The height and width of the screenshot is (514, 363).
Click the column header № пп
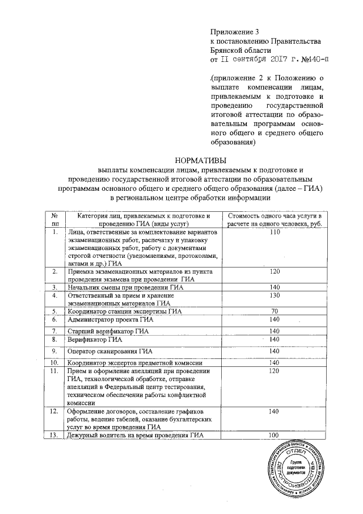(x=54, y=219)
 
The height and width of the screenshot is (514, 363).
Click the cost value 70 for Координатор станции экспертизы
(x=275, y=311)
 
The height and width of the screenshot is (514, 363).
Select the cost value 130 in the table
(x=275, y=295)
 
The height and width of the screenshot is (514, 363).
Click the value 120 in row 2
(x=275, y=271)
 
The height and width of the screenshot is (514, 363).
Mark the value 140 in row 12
(x=275, y=411)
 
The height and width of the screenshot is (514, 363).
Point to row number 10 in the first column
(x=54, y=362)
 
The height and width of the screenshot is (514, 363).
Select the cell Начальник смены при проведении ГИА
(x=128, y=287)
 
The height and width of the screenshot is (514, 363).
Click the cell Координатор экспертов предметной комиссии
(x=136, y=362)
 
